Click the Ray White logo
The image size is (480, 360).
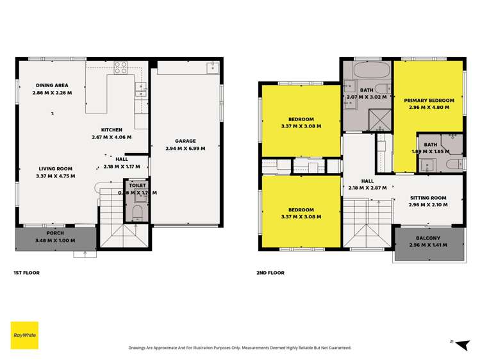tap(24, 335)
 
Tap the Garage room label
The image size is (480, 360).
tap(185, 141)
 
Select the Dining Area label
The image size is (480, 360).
tap(51, 85)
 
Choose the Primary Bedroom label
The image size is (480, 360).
tap(429, 101)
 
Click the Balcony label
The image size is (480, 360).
tap(428, 236)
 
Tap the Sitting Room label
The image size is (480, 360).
tap(428, 198)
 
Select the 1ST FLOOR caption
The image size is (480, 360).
tap(27, 273)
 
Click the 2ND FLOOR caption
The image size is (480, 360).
tap(270, 273)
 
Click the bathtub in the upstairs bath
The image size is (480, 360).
tap(367, 70)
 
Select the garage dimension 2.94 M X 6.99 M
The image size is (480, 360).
tap(185, 148)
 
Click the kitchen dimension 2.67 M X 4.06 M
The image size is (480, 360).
tap(112, 136)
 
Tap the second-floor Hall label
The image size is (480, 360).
tap(367, 181)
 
